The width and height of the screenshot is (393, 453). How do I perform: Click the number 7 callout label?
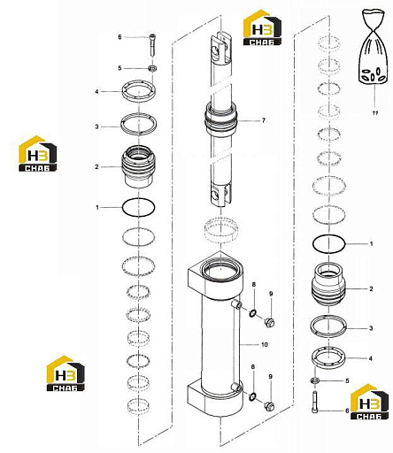(x=264, y=120)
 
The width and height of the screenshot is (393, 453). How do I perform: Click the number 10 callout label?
(x=265, y=344)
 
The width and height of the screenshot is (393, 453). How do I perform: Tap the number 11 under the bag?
(x=376, y=112)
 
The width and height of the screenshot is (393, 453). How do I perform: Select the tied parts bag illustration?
(x=374, y=46)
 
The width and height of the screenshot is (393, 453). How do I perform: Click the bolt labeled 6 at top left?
(x=153, y=44)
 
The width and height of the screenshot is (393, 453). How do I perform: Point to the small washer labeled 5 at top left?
(x=152, y=69)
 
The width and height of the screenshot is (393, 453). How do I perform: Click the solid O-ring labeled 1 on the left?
(x=138, y=208)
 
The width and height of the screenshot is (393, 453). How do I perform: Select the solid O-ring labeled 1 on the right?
(x=328, y=244)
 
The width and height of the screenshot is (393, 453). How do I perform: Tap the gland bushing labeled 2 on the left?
(x=138, y=166)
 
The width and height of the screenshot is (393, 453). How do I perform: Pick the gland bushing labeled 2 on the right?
(x=328, y=284)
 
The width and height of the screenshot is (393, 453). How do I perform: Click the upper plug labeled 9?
(x=270, y=322)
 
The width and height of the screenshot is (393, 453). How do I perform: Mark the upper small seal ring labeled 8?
(x=253, y=312)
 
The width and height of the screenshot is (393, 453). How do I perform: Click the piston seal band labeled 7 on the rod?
(x=220, y=118)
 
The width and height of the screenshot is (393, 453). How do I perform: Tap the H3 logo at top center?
(x=262, y=27)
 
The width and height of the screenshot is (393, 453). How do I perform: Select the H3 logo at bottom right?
(x=369, y=402)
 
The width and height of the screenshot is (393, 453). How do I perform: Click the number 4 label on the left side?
(x=96, y=92)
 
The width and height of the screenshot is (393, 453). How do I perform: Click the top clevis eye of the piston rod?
(x=220, y=47)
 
